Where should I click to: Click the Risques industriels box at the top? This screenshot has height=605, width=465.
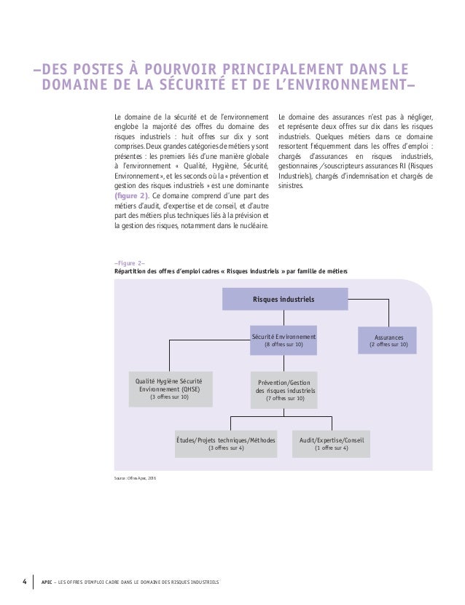point(284,299)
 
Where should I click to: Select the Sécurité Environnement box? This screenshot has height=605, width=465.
point(284,340)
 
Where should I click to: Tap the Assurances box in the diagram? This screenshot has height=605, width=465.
point(388,340)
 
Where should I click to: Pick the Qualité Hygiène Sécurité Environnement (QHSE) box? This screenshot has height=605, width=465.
point(169,389)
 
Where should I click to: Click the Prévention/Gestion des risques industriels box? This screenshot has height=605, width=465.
point(284,390)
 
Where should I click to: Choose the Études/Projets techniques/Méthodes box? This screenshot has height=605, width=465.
point(226,444)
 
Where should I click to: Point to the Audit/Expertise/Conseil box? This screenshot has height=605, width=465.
point(331,444)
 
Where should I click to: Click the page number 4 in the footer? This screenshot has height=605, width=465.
point(23,582)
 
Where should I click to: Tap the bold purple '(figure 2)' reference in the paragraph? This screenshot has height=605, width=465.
point(132,195)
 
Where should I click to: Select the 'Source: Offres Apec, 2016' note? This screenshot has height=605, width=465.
point(130,479)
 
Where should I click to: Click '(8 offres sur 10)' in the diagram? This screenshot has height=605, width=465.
point(284,345)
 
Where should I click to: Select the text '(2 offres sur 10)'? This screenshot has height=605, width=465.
point(388,346)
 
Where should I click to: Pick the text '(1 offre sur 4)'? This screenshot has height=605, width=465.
point(331,448)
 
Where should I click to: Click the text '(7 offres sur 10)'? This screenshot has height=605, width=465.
point(284,399)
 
